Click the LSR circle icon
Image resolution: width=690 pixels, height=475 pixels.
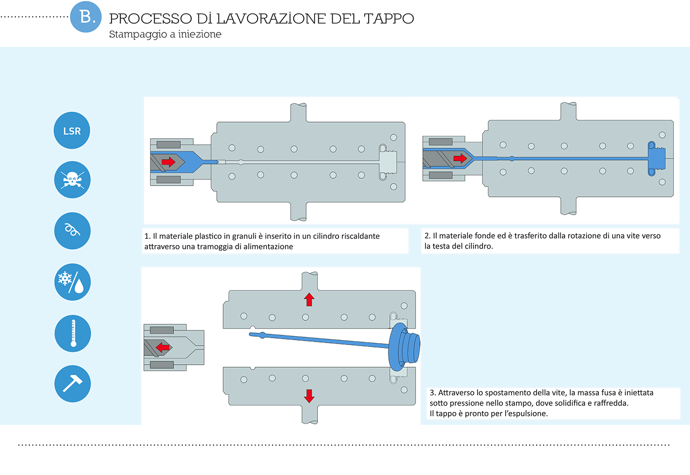[72, 130]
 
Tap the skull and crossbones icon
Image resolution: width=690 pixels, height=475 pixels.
[72, 180]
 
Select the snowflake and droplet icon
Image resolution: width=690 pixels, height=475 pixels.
[72, 282]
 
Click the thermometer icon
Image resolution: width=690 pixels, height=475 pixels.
[73, 334]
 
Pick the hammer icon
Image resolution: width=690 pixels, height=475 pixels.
[73, 383]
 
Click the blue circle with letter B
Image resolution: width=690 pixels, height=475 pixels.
[86, 17]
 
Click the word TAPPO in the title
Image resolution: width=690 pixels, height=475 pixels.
[389, 19]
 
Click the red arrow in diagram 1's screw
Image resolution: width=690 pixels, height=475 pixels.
[169, 162]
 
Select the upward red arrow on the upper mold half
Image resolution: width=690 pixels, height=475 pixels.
[310, 299]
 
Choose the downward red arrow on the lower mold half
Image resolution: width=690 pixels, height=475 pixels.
[310, 396]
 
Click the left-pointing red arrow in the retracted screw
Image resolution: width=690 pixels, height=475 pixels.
[163, 348]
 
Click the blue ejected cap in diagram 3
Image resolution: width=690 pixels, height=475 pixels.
[404, 347]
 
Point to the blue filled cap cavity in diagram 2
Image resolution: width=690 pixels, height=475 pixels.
[656, 158]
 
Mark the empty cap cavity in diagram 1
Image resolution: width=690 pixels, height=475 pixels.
[387, 162]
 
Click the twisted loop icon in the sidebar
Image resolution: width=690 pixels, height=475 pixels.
[72, 231]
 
